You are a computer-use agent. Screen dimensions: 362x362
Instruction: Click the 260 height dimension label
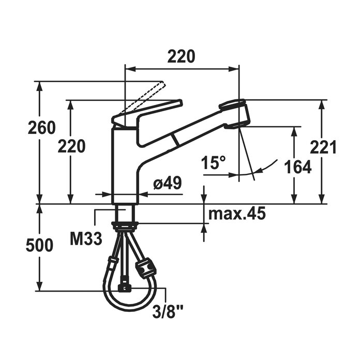coord(42,128)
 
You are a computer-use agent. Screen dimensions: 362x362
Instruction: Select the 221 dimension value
coord(323,147)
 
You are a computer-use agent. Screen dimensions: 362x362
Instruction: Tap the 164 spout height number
coord(297,167)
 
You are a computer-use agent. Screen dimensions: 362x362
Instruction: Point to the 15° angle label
coord(213,162)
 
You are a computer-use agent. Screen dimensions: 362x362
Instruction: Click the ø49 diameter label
coord(168,183)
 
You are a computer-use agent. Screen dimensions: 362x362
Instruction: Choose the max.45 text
coord(237,214)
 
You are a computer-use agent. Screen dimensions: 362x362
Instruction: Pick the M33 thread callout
coord(86,239)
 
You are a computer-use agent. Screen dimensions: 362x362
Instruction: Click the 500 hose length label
coord(39,245)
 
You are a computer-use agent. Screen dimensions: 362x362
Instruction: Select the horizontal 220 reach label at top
coord(181,56)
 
